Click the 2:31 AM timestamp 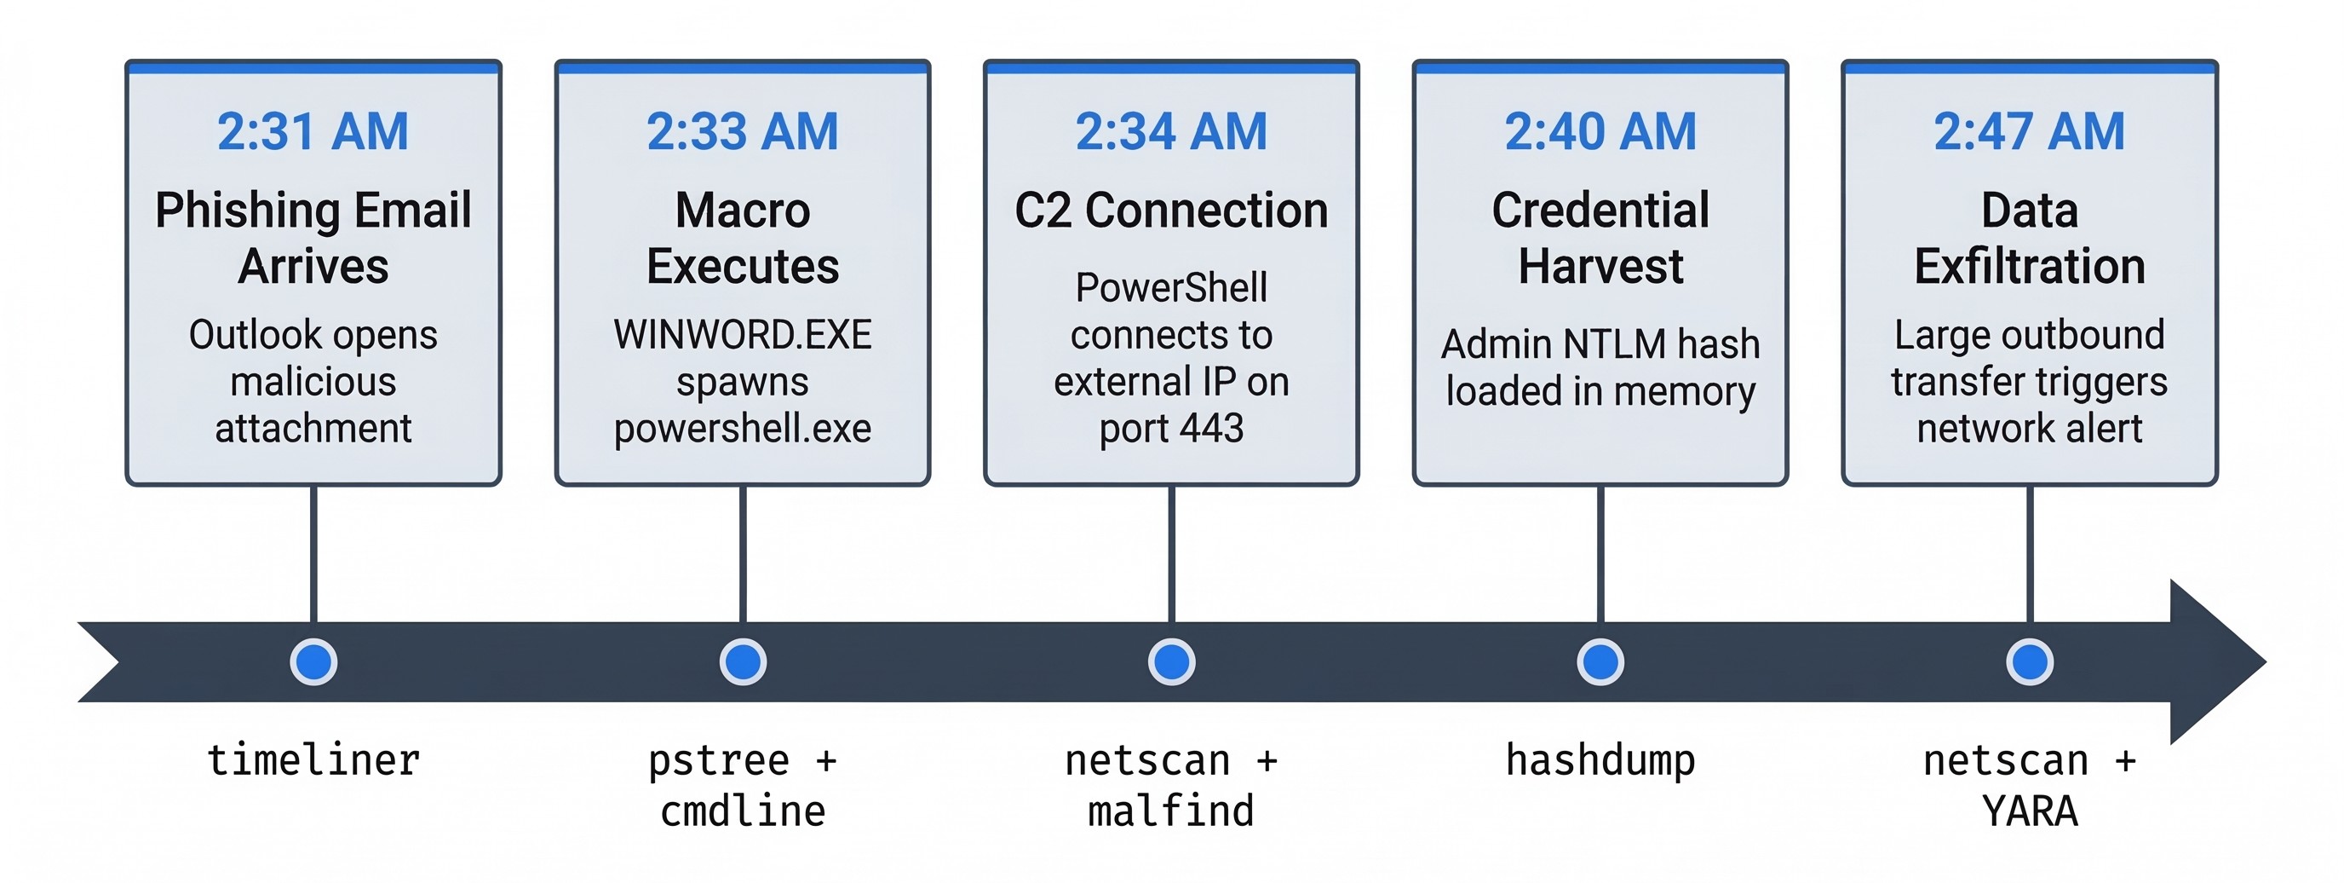pyautogui.click(x=313, y=131)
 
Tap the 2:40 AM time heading pyautogui.click(x=1600, y=131)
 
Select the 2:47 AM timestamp pyautogui.click(x=2029, y=131)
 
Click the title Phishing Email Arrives pyautogui.click(x=313, y=238)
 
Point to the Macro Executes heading pyautogui.click(x=743, y=238)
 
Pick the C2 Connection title pyautogui.click(x=1171, y=211)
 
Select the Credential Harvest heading pyautogui.click(x=1600, y=238)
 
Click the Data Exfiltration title pyautogui.click(x=2029, y=238)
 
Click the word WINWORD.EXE pyautogui.click(x=743, y=335)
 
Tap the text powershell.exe pyautogui.click(x=743, y=428)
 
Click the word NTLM pyautogui.click(x=1615, y=344)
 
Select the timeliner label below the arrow pyautogui.click(x=313, y=760)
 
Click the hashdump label pyautogui.click(x=1600, y=760)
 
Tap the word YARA pyautogui.click(x=2029, y=811)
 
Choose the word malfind pyautogui.click(x=1171, y=811)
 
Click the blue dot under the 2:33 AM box pyautogui.click(x=743, y=661)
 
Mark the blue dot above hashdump pyautogui.click(x=1600, y=661)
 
